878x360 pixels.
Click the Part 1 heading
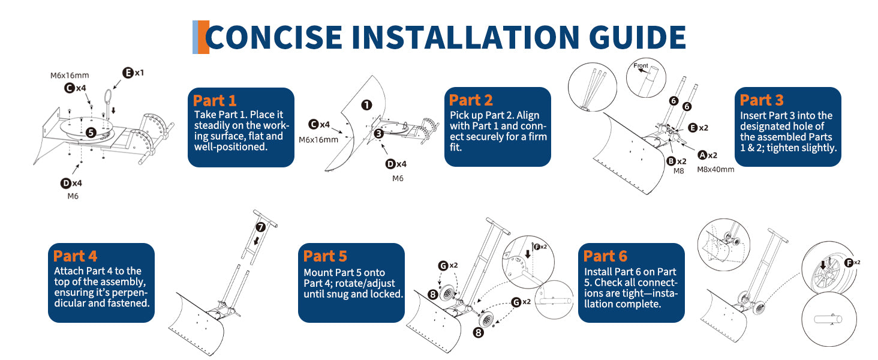(215, 100)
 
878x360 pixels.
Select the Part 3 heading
(762, 100)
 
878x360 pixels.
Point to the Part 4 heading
(75, 256)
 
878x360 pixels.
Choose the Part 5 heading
(325, 256)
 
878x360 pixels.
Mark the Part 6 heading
(605, 256)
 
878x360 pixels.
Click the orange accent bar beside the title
(203, 37)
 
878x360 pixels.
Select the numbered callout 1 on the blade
(366, 105)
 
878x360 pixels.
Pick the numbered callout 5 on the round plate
(90, 131)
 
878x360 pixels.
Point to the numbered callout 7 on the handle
(260, 227)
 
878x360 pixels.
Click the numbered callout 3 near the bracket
(378, 133)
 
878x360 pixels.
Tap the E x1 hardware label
(133, 73)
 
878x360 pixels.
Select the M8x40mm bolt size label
(715, 169)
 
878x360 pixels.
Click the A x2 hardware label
(707, 155)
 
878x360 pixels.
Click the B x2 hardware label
(676, 160)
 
